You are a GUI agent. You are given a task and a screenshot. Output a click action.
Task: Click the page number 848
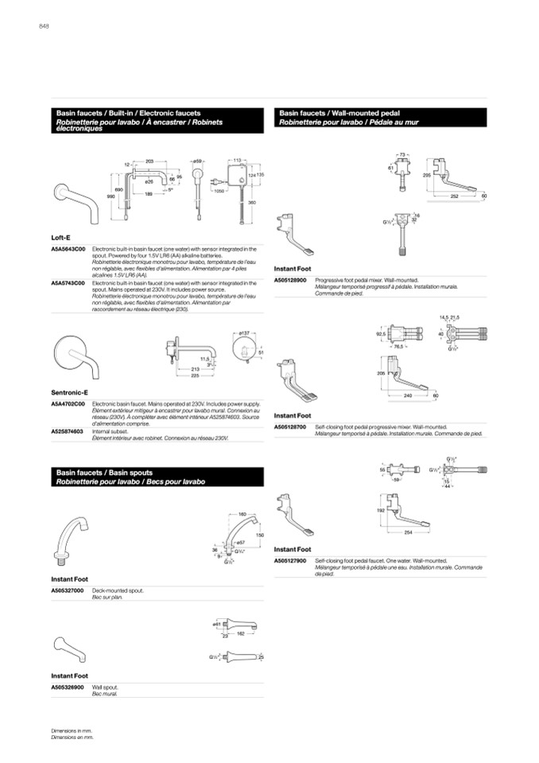[x=45, y=26]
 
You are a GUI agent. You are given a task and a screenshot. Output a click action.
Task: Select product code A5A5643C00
[x=68, y=249]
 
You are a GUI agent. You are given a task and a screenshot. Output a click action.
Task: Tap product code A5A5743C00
[x=68, y=282]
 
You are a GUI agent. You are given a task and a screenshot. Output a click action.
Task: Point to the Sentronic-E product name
[x=69, y=391]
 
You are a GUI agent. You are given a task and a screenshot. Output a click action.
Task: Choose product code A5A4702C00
[x=68, y=404]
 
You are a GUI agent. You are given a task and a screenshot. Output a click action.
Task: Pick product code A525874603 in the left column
[x=68, y=430]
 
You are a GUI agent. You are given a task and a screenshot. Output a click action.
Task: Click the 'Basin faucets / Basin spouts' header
[x=103, y=473]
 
